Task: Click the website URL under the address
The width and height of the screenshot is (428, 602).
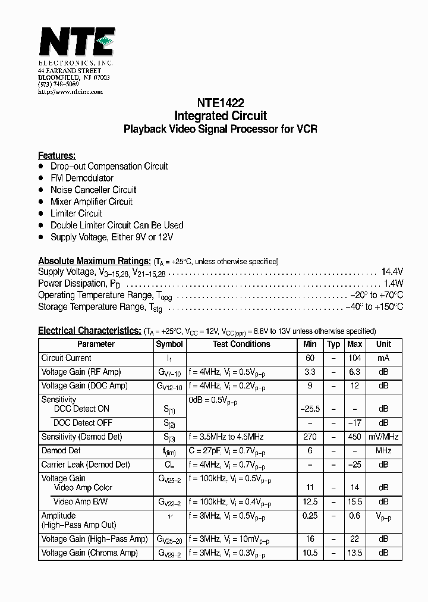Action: click(70, 92)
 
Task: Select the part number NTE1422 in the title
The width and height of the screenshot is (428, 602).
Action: click(220, 102)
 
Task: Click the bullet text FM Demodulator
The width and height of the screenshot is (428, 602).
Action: click(81, 178)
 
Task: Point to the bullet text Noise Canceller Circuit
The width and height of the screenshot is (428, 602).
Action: click(93, 190)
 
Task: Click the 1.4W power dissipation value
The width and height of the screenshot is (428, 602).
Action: click(393, 283)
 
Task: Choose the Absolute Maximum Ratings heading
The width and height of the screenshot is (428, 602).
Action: click(94, 261)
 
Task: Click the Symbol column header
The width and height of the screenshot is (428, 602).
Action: click(169, 344)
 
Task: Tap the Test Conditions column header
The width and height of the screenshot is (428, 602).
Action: click(241, 344)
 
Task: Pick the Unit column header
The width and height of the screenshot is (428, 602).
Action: click(383, 344)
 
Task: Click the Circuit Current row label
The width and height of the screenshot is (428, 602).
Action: click(66, 358)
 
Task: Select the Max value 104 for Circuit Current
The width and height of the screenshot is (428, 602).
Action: click(354, 358)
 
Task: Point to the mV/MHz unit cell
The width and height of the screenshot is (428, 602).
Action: click(383, 437)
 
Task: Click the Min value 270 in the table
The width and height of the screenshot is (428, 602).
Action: click(310, 437)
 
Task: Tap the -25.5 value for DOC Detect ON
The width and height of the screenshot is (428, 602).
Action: click(310, 409)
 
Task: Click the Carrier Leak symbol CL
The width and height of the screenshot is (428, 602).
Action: click(169, 465)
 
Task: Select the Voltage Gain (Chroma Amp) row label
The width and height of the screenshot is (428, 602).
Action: click(89, 553)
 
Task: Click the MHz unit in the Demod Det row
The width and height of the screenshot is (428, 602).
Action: click(383, 450)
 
